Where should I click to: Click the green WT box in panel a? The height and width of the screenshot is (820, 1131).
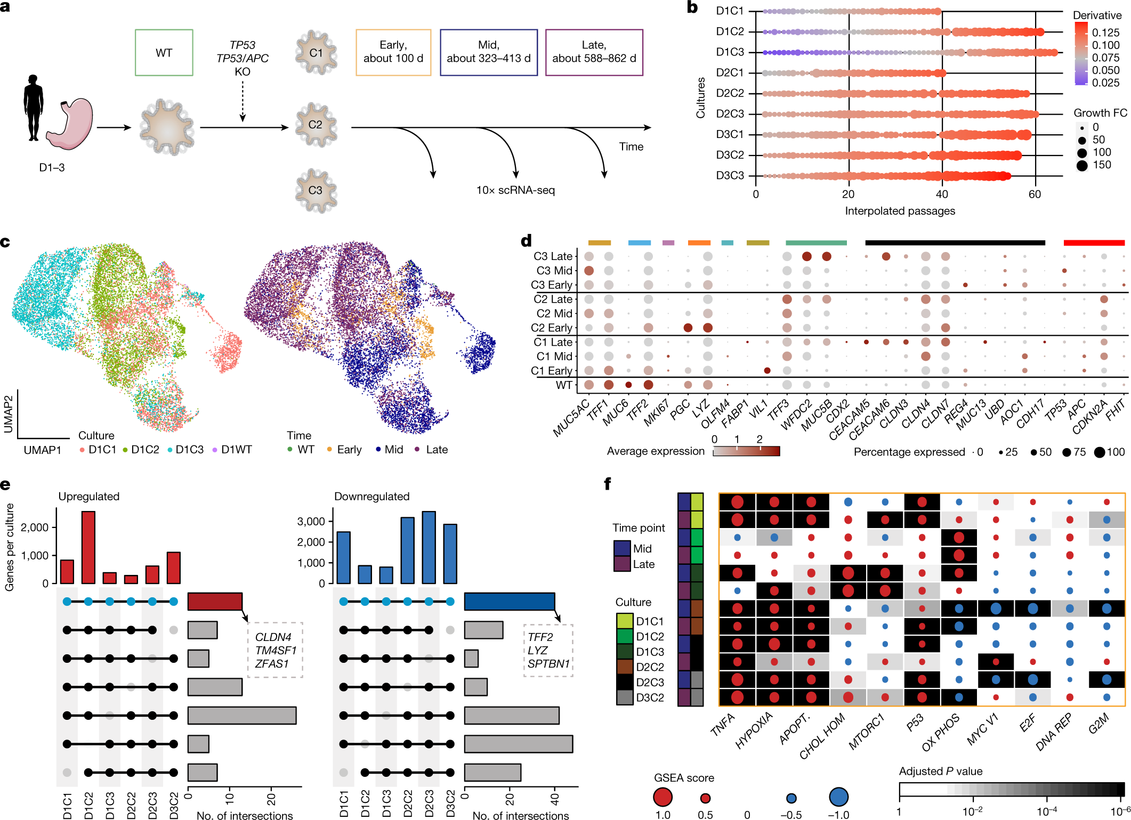[164, 53]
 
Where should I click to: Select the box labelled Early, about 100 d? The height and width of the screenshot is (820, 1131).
[393, 52]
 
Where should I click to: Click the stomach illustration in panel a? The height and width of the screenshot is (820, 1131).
[70, 124]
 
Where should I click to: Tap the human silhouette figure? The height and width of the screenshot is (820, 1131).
[33, 108]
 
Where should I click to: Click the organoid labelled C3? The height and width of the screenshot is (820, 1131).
[316, 191]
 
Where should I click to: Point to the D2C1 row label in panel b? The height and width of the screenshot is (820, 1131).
[730, 72]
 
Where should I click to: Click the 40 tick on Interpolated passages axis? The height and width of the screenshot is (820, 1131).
[941, 194]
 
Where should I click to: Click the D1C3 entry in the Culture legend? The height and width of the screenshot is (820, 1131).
[189, 450]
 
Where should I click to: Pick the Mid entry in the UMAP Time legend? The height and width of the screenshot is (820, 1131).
[393, 450]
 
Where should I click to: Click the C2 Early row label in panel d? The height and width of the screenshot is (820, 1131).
[551, 328]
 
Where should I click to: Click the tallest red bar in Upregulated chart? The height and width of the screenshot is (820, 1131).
[88, 547]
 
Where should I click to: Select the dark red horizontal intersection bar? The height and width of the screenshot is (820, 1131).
[215, 602]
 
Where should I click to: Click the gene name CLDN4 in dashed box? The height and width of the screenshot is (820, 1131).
[273, 637]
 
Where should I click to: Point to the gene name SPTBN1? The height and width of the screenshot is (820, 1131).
[548, 664]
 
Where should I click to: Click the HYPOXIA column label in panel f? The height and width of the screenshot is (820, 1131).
[754, 731]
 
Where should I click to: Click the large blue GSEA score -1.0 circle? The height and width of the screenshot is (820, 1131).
[838, 798]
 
